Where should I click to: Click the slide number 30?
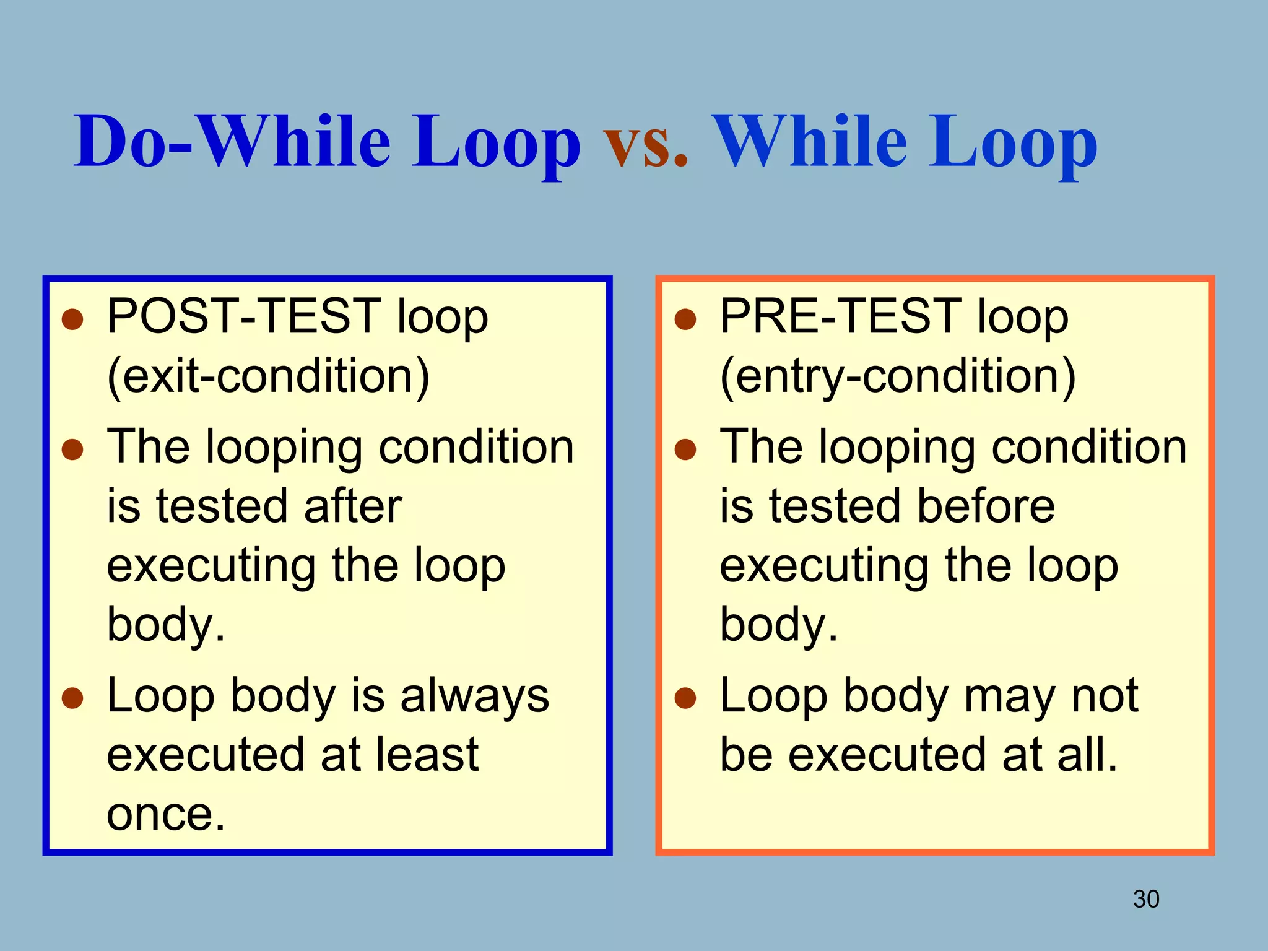coord(1145,899)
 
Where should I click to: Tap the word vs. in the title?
coord(645,144)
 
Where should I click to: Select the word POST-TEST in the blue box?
coord(244,316)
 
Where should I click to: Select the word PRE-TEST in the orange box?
coord(840,316)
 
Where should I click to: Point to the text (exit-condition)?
coord(268,377)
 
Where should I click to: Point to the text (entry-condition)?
coord(897,377)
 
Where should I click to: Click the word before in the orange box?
coord(986,506)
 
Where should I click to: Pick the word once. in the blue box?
coord(165,815)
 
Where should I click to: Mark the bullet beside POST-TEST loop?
coord(73,320)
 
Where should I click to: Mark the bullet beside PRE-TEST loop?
coord(685,320)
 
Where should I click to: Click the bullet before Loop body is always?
coord(73,698)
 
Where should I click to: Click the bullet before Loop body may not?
coord(685,698)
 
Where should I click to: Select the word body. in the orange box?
coord(778,625)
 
